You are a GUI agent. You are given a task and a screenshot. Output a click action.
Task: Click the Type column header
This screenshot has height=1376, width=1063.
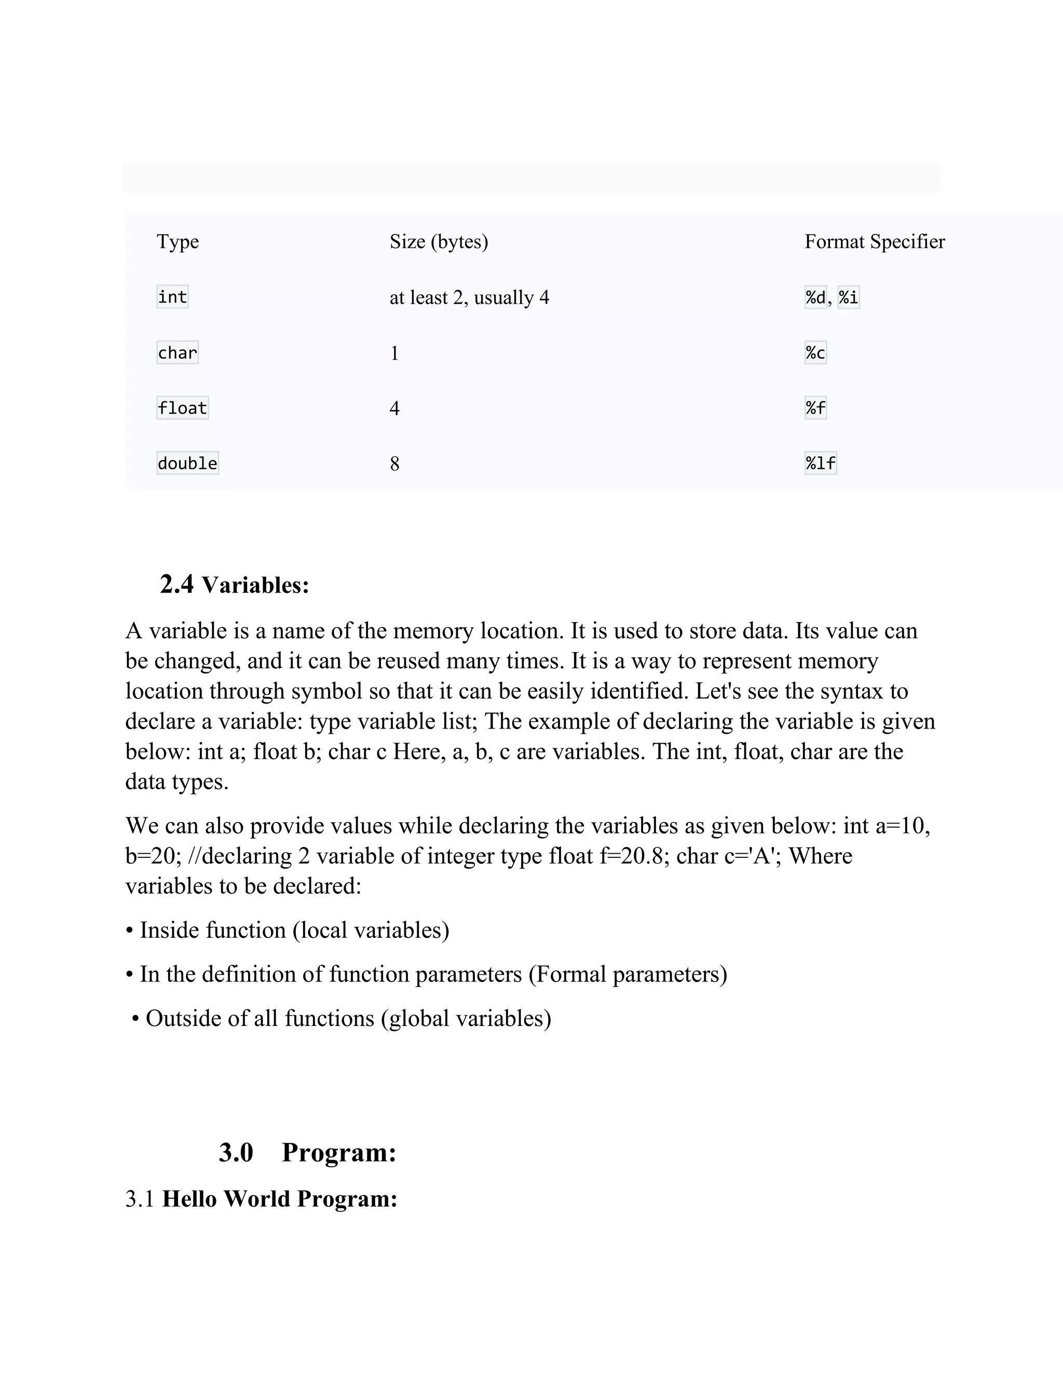tap(178, 242)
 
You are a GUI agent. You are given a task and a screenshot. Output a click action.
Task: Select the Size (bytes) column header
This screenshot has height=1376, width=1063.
tap(438, 242)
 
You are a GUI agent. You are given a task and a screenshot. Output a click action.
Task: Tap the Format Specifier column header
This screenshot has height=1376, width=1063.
tap(874, 242)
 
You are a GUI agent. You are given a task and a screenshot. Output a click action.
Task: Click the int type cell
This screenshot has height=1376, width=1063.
tap(172, 296)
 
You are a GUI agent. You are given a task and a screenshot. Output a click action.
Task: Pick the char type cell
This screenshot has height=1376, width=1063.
tap(177, 353)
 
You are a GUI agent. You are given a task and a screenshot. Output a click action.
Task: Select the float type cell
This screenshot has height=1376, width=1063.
tap(182, 408)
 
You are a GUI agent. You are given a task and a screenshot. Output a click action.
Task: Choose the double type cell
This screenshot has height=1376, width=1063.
tap(187, 464)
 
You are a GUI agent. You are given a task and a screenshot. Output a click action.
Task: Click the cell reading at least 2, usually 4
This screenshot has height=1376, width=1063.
tap(469, 298)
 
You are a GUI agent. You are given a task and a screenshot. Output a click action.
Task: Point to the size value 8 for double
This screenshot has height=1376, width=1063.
tap(395, 464)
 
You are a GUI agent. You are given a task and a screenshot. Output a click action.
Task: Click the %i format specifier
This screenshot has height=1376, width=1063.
tap(848, 296)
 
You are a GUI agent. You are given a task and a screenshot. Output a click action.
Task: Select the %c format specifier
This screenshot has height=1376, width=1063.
tap(815, 353)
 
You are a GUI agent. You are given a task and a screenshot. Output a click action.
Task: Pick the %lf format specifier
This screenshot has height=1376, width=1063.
tap(820, 464)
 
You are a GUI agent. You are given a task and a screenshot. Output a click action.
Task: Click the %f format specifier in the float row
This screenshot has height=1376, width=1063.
tap(815, 408)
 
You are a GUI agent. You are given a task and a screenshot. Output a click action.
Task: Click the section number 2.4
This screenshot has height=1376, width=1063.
tap(176, 585)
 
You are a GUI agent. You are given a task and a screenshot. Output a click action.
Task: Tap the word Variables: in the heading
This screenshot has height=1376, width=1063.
tap(255, 585)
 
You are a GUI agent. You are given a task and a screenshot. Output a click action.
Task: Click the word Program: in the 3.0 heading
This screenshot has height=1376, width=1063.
tap(339, 1152)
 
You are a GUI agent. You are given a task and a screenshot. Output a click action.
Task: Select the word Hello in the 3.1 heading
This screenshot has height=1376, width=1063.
tap(189, 1199)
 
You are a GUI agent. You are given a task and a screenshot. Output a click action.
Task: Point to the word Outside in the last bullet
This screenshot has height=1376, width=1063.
tap(183, 1019)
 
